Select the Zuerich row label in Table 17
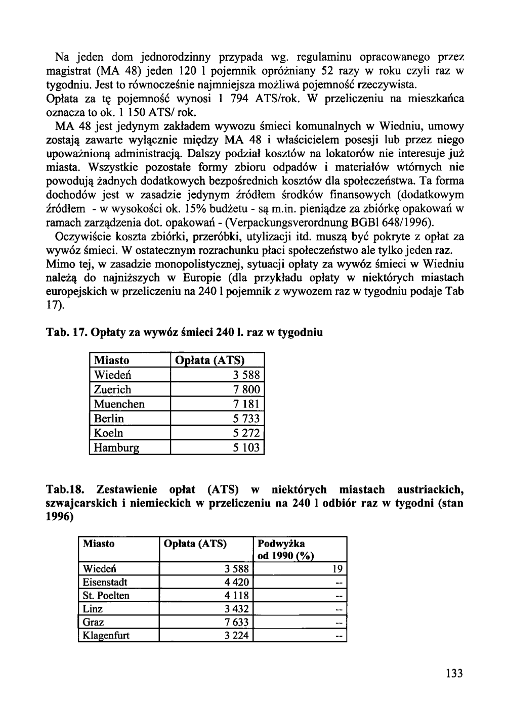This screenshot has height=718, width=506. point(112,389)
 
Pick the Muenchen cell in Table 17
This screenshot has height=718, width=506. point(119,404)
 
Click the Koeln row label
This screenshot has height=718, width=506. point(108,433)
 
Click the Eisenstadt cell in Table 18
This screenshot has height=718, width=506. point(105,582)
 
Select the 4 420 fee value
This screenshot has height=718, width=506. point(236,582)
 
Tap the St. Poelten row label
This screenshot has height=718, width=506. point(106,596)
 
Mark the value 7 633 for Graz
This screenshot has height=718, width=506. point(236,622)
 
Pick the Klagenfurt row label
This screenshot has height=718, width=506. point(106,636)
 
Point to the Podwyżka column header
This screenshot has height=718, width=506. point(281,544)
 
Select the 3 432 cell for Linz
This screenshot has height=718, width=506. point(236,609)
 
